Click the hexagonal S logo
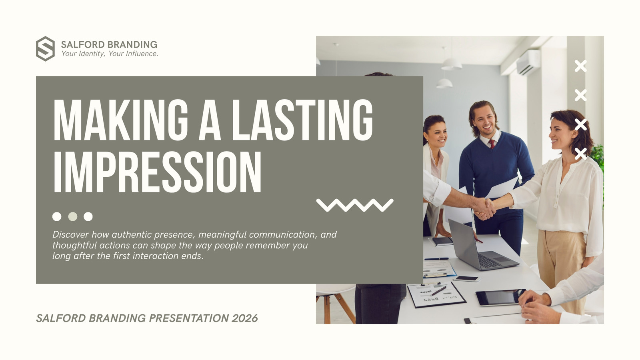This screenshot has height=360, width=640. [x=45, y=48]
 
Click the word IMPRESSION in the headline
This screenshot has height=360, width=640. [x=157, y=172]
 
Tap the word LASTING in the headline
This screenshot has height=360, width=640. [x=302, y=120]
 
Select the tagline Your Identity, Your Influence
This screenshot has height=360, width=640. [x=110, y=54]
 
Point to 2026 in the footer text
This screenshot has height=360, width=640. [x=244, y=318]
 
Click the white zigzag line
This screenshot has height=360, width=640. [x=355, y=205]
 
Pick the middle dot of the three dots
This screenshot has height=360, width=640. [x=72, y=216]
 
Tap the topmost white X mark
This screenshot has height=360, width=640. [x=580, y=66]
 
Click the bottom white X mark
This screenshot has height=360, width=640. [x=580, y=154]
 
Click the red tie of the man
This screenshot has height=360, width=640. [x=492, y=144]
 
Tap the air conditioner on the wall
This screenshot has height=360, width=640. [x=528, y=62]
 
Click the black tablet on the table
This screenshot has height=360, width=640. [x=500, y=297]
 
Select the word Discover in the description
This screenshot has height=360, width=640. [x=70, y=234]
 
